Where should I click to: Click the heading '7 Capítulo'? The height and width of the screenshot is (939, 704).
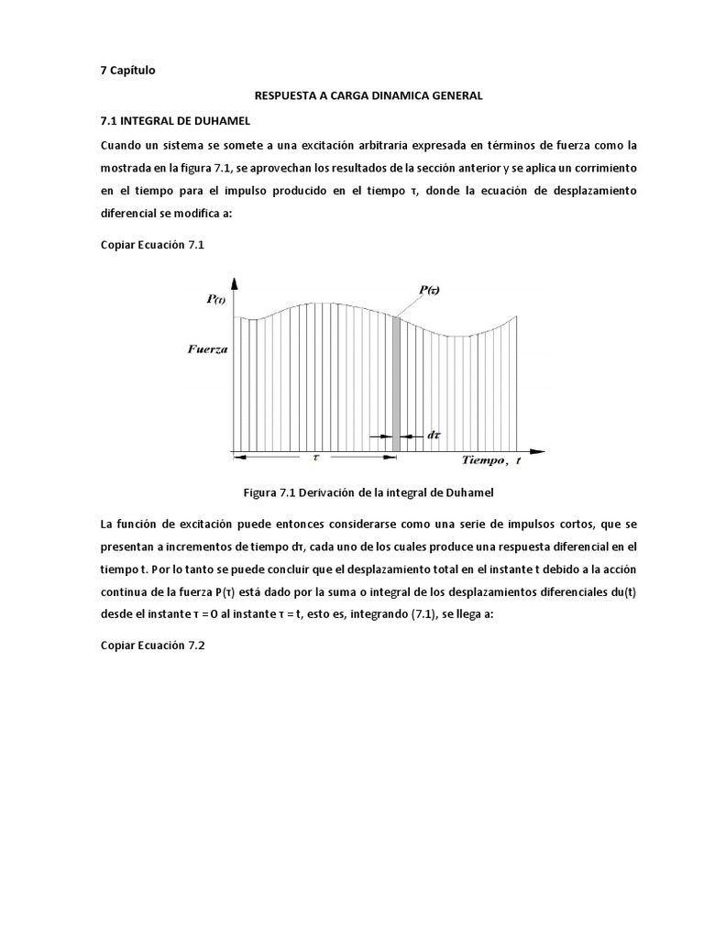(x=128, y=72)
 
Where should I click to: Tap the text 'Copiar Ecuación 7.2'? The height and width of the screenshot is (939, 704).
(x=152, y=646)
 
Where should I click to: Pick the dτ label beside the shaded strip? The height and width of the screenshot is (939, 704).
(x=433, y=436)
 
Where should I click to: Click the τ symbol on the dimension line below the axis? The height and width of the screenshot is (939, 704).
(x=315, y=455)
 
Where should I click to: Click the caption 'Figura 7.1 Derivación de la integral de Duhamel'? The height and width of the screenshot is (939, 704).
(x=368, y=492)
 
